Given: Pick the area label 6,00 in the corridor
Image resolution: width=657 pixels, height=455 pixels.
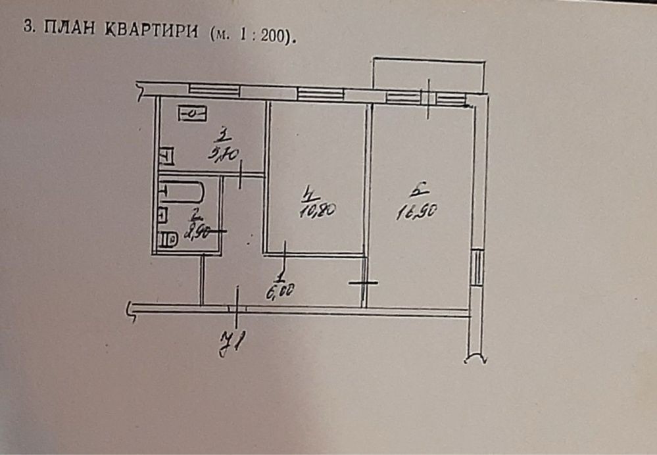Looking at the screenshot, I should pos(278,293).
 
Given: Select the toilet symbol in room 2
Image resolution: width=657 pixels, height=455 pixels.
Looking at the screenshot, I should pos(169,241).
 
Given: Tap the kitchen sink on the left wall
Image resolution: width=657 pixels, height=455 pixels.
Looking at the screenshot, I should pos(167,156).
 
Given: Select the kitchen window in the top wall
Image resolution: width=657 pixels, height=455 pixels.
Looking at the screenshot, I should pos(214,89).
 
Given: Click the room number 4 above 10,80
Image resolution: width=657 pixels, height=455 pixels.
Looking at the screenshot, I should pos(309,194).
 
